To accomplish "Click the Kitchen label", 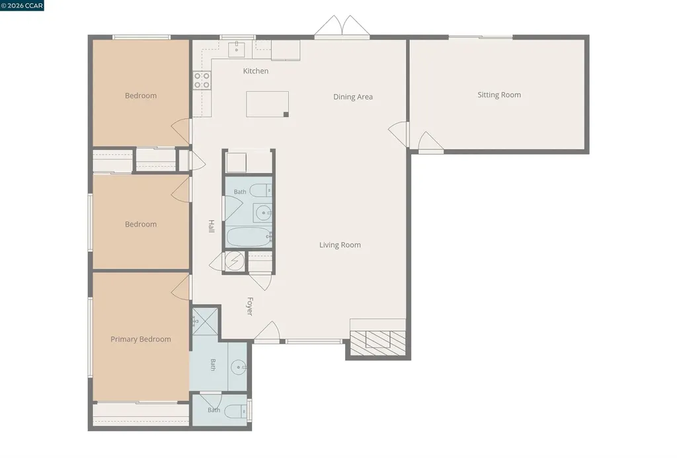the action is (x=256, y=71).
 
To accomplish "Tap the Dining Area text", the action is (x=353, y=96).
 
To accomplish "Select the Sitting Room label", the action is (x=499, y=95).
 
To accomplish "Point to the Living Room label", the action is (x=340, y=245).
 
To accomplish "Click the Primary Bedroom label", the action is (x=141, y=339).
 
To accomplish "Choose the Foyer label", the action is (x=249, y=306).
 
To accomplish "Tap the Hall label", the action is (x=212, y=226).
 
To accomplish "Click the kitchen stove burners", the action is (x=202, y=81).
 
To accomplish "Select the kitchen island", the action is (x=267, y=104).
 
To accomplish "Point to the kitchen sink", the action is (x=236, y=50).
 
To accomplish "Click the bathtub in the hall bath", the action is (x=249, y=237).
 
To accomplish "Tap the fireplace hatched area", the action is (x=378, y=343).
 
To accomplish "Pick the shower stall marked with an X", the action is (x=205, y=321).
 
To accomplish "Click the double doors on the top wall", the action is (x=342, y=26).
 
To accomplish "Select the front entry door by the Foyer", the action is (x=267, y=332).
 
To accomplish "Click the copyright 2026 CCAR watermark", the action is (x=22, y=5).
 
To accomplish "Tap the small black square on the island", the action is (x=286, y=114).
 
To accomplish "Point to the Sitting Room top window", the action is (x=481, y=38).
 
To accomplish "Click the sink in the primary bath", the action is (x=238, y=367).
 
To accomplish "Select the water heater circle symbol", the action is (x=235, y=262).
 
